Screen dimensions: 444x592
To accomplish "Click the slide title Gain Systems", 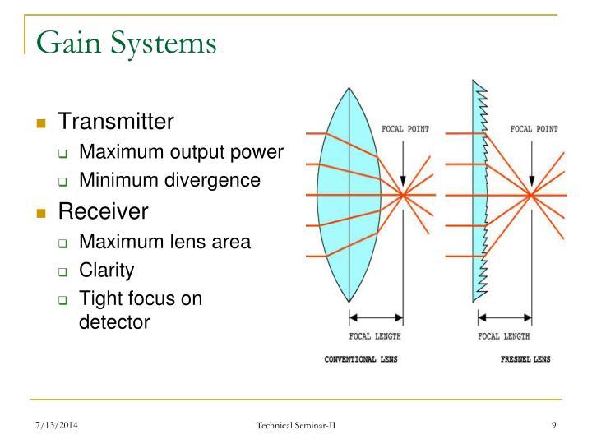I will point(127,41).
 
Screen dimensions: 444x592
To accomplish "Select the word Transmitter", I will point(116,123).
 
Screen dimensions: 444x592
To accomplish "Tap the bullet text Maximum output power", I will point(181,152).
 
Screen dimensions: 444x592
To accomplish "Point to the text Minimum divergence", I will point(169,180).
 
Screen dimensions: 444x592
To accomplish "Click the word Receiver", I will point(103,211).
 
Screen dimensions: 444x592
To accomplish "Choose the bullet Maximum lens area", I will point(164,242).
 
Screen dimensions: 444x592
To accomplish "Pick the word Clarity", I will point(106,270).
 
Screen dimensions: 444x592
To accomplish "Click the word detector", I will point(114,322).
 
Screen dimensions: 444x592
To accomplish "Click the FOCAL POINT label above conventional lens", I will point(405,129).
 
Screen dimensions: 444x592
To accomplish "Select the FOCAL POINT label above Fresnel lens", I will point(534,129).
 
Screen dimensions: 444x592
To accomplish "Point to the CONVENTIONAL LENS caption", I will point(363,359).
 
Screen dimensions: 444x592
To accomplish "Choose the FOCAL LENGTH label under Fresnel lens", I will point(504,336).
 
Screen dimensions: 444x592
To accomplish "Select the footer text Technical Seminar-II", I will point(296,424).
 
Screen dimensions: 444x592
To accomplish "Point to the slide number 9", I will point(555,424).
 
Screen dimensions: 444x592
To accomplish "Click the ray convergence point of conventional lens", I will point(403,195).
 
